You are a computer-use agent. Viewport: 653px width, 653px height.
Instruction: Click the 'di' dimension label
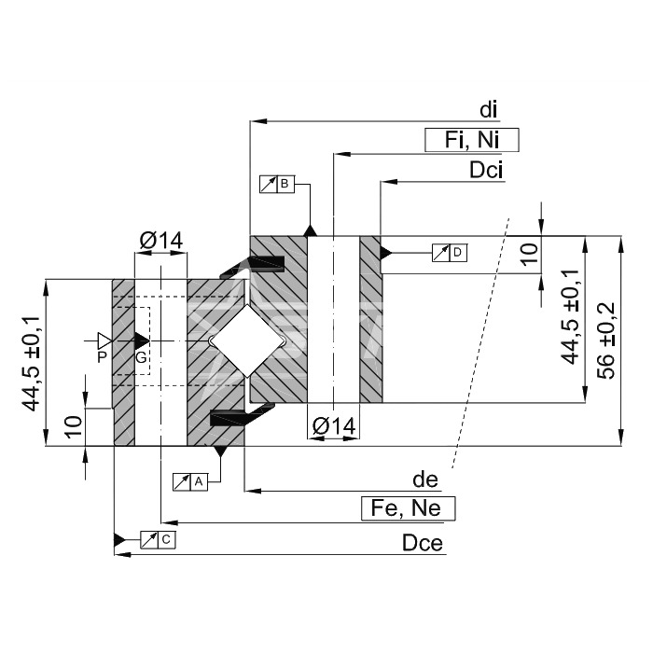488,110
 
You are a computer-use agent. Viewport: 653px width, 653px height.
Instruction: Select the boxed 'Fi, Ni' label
472,140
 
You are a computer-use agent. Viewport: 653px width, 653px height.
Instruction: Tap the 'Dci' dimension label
486,170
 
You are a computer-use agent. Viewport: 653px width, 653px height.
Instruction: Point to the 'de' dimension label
425,479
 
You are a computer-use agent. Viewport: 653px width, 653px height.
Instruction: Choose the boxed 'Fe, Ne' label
409,508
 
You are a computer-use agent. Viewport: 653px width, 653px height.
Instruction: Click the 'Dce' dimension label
423,543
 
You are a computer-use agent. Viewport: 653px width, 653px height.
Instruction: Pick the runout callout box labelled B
277,184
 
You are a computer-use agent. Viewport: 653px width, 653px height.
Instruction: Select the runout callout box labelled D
450,253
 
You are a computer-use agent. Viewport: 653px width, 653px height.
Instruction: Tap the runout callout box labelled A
190,482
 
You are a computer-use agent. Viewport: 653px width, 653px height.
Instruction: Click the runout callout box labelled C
158,540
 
